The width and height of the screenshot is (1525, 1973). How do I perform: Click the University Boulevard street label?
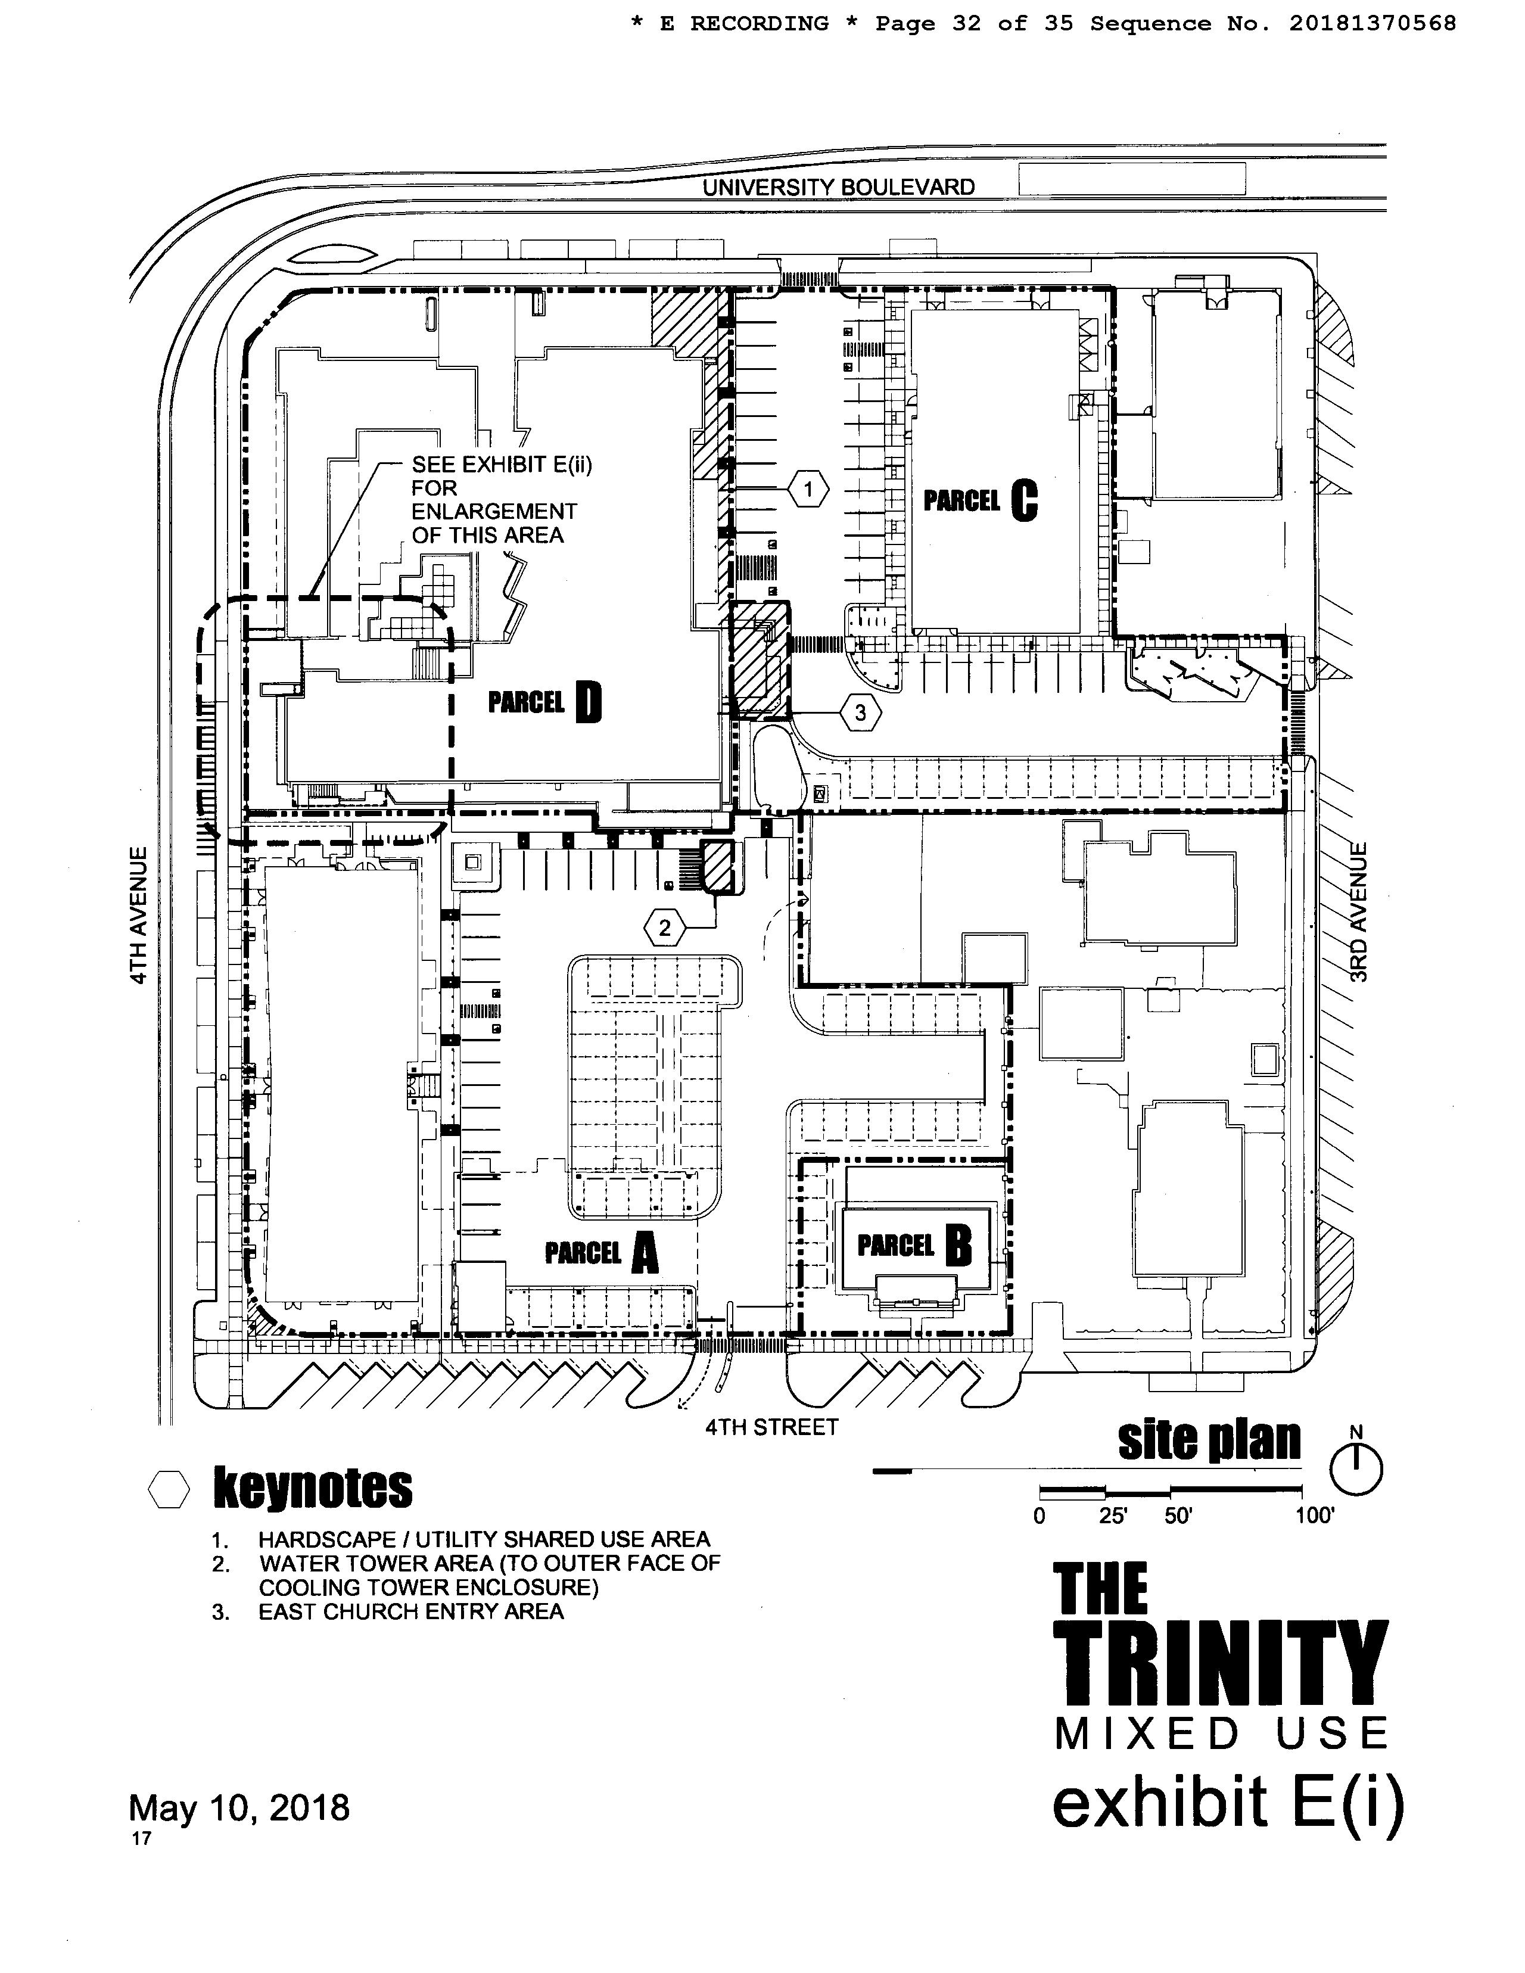coord(838,187)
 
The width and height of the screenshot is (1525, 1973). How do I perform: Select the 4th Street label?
coord(771,1427)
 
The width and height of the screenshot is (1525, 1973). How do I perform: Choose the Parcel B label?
coord(914,1247)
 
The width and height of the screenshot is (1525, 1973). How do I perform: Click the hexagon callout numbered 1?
coord(808,490)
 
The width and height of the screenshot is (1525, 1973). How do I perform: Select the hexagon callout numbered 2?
coord(665,928)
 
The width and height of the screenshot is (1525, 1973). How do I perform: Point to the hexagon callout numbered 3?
coord(860,713)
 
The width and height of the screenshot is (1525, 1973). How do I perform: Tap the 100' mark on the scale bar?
coord(1314,1516)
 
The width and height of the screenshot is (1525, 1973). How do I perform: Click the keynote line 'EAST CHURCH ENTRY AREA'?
coord(411,1611)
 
